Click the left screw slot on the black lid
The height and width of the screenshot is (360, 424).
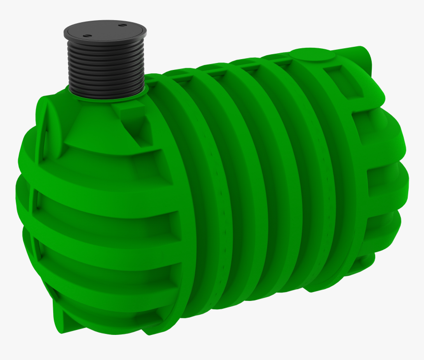point(87,35)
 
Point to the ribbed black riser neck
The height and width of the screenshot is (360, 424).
point(105,69)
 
